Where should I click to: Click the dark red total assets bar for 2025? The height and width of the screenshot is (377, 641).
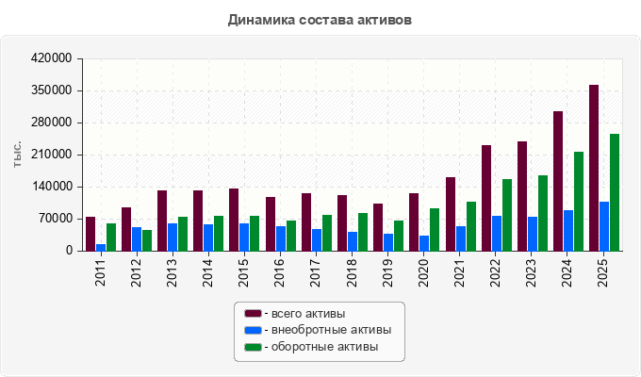click(x=594, y=168)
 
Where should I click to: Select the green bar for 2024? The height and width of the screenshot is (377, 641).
click(x=579, y=202)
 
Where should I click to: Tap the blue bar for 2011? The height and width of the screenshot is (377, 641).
click(x=101, y=248)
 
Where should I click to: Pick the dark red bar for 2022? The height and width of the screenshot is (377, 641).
click(x=486, y=198)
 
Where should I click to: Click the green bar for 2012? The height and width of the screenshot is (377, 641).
click(x=147, y=241)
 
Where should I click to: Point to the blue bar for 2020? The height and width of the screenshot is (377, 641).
click(x=424, y=243)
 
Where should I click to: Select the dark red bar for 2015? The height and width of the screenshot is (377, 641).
click(x=234, y=220)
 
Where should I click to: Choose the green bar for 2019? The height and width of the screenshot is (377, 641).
click(x=399, y=236)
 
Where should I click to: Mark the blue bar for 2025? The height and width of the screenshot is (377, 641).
click(x=604, y=226)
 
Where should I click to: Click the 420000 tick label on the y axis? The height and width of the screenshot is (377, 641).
click(x=51, y=58)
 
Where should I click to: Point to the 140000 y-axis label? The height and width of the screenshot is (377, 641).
click(x=51, y=187)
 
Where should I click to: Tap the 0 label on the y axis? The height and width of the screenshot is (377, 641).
click(x=69, y=251)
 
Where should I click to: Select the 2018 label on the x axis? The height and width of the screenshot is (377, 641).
click(x=352, y=272)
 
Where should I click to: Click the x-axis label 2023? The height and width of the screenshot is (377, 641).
click(x=531, y=272)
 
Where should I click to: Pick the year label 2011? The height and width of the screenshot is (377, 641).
click(x=101, y=272)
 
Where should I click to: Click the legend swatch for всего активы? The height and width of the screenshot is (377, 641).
click(x=253, y=314)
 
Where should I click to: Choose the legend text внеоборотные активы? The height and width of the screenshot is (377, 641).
click(x=332, y=330)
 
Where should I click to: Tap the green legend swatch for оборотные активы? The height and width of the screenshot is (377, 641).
click(x=253, y=347)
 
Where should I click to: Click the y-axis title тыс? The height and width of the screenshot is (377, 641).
click(x=17, y=155)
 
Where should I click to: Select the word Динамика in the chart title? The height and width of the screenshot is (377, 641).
click(x=261, y=20)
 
